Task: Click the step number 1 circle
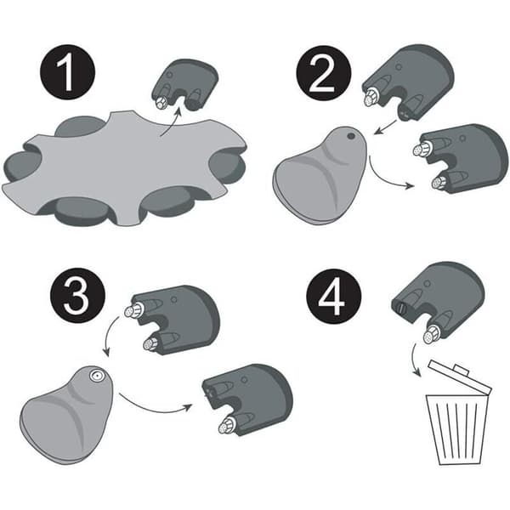click(68, 72)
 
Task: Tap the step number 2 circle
click(324, 73)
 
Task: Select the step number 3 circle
click(77, 295)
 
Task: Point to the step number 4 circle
click(334, 297)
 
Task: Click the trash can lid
click(459, 377)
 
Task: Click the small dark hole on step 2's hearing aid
click(351, 136)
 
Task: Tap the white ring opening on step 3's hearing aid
click(97, 376)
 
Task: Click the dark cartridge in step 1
click(184, 84)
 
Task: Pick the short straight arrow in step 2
click(385, 127)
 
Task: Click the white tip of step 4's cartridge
click(431, 336)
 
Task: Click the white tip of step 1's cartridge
click(161, 103)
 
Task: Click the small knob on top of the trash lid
click(461, 370)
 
